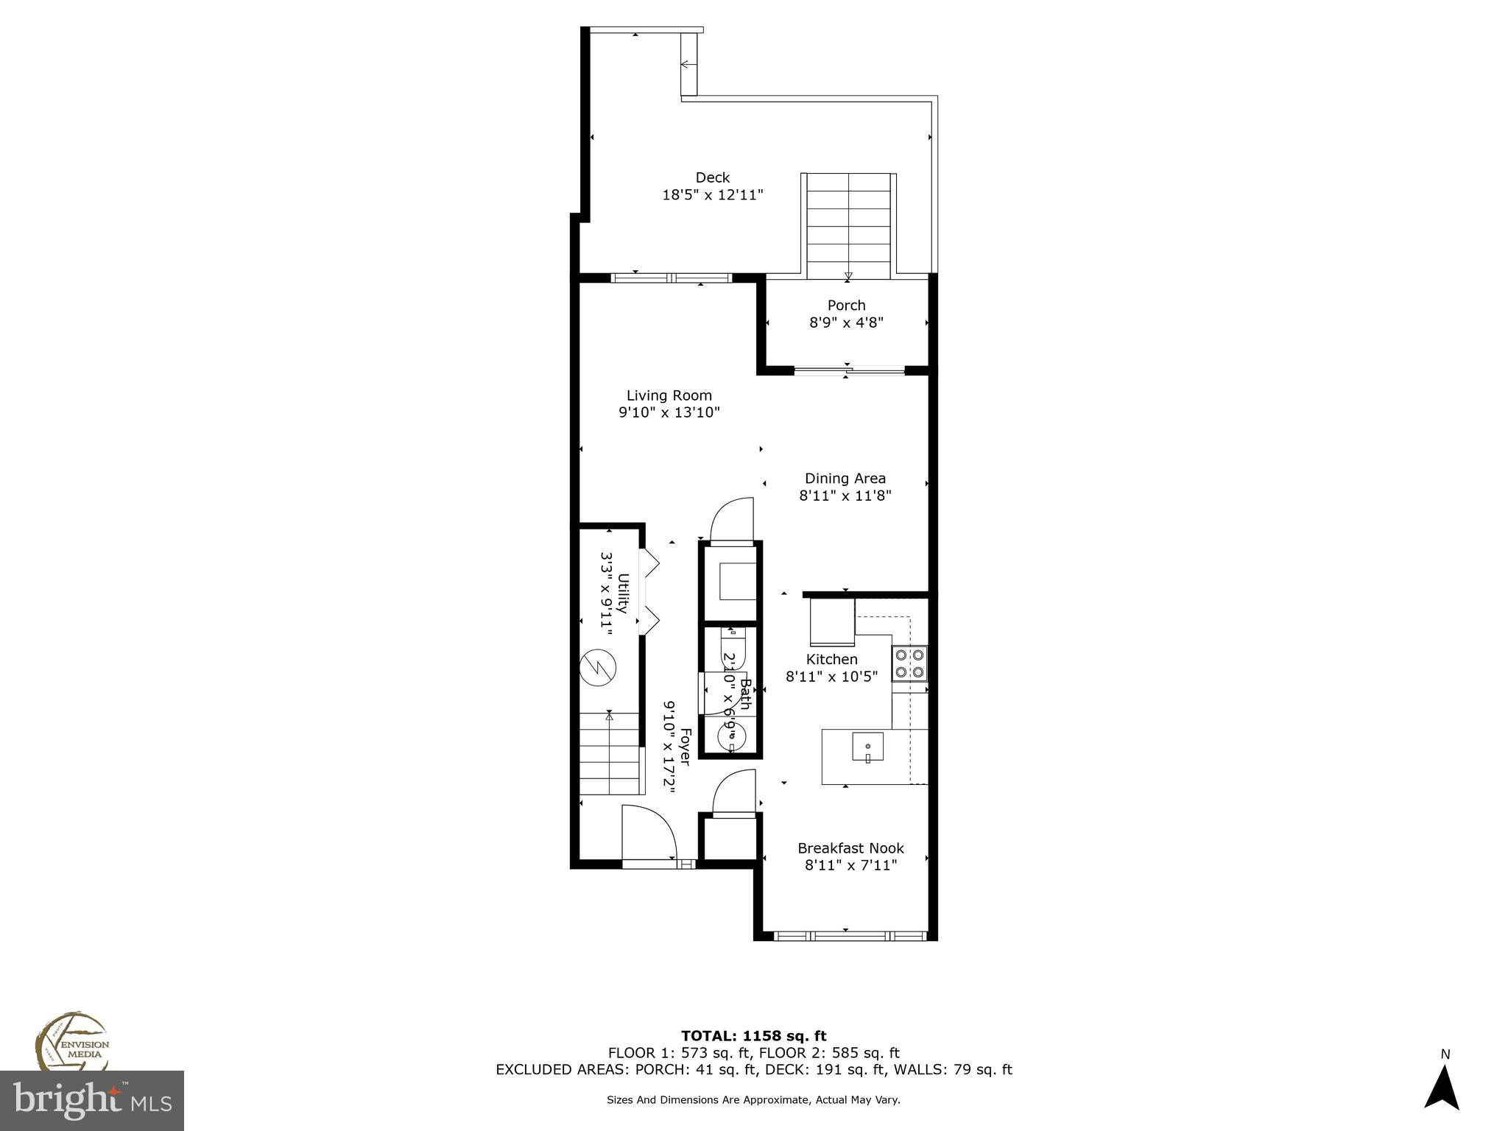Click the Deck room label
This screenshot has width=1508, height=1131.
point(712,177)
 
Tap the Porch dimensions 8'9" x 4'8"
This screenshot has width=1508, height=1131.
point(846,323)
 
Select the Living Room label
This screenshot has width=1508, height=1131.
point(669,395)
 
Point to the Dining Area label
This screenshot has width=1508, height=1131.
point(845,479)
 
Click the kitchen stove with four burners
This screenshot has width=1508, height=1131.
point(909,663)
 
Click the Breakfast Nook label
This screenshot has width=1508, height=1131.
point(850,848)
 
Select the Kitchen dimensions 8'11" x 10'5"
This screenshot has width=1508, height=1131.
point(831,677)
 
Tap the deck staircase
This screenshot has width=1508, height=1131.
point(848,225)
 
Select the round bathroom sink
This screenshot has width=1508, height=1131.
point(731,734)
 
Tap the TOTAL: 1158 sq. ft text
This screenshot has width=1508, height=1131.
point(753,1036)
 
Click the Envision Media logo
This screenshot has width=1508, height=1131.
point(71,1041)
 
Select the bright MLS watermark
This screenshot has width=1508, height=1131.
point(92,1100)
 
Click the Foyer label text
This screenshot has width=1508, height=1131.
point(685,747)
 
